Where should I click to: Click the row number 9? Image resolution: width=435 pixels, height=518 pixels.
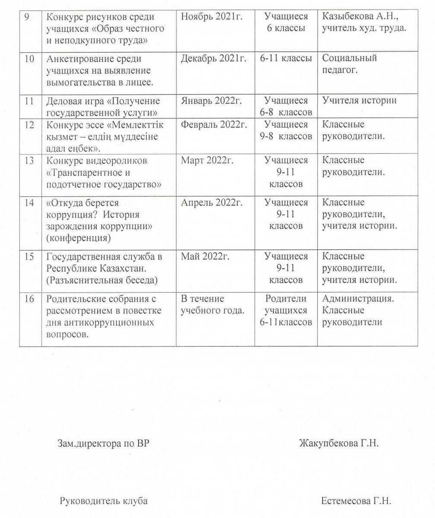point(27,17)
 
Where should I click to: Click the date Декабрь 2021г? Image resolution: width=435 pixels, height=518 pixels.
point(213,59)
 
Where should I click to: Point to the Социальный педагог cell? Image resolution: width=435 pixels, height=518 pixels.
point(349,64)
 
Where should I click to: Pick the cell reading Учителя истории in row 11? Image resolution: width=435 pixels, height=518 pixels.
point(359,101)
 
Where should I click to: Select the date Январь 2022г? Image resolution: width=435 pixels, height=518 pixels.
point(211,101)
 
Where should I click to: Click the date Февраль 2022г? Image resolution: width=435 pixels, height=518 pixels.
point(214,125)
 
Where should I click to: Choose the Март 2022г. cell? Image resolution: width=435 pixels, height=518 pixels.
point(207,161)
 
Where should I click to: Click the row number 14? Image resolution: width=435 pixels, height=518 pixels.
point(29,202)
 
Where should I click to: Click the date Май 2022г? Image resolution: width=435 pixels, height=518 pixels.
point(205,256)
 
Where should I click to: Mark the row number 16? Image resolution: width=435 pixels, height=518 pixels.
point(29,299)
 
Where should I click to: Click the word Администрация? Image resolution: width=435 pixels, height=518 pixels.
point(358,298)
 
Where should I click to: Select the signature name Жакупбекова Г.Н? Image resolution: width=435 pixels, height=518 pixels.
point(339,443)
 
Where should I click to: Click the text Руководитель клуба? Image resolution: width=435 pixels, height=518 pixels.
point(104,501)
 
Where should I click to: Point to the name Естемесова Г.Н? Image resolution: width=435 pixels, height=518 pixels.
point(356,501)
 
